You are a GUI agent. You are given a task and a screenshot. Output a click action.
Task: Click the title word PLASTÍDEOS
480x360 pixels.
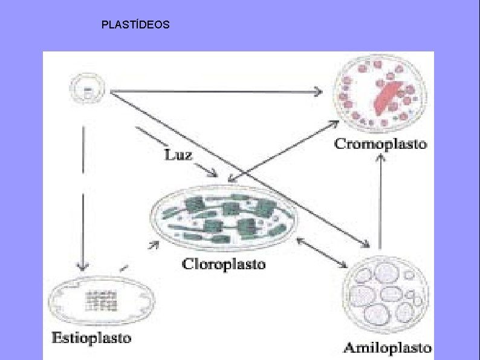tap(135, 25)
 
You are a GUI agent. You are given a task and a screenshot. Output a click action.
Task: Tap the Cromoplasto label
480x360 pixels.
tap(381, 144)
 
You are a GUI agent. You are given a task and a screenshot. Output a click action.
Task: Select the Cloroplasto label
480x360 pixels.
tap(224, 264)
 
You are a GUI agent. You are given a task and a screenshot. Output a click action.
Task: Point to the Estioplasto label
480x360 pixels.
tap(91, 338)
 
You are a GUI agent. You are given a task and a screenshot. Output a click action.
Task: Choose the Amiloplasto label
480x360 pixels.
tap(388, 347)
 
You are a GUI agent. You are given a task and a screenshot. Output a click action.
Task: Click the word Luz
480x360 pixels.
tap(178, 155)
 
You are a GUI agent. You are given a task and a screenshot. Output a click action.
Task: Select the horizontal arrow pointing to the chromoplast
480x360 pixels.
tap(215, 92)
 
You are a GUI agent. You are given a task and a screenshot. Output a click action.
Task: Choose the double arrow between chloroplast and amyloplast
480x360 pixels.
tap(323, 252)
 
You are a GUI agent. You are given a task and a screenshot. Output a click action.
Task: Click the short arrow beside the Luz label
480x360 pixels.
tap(175, 151)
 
